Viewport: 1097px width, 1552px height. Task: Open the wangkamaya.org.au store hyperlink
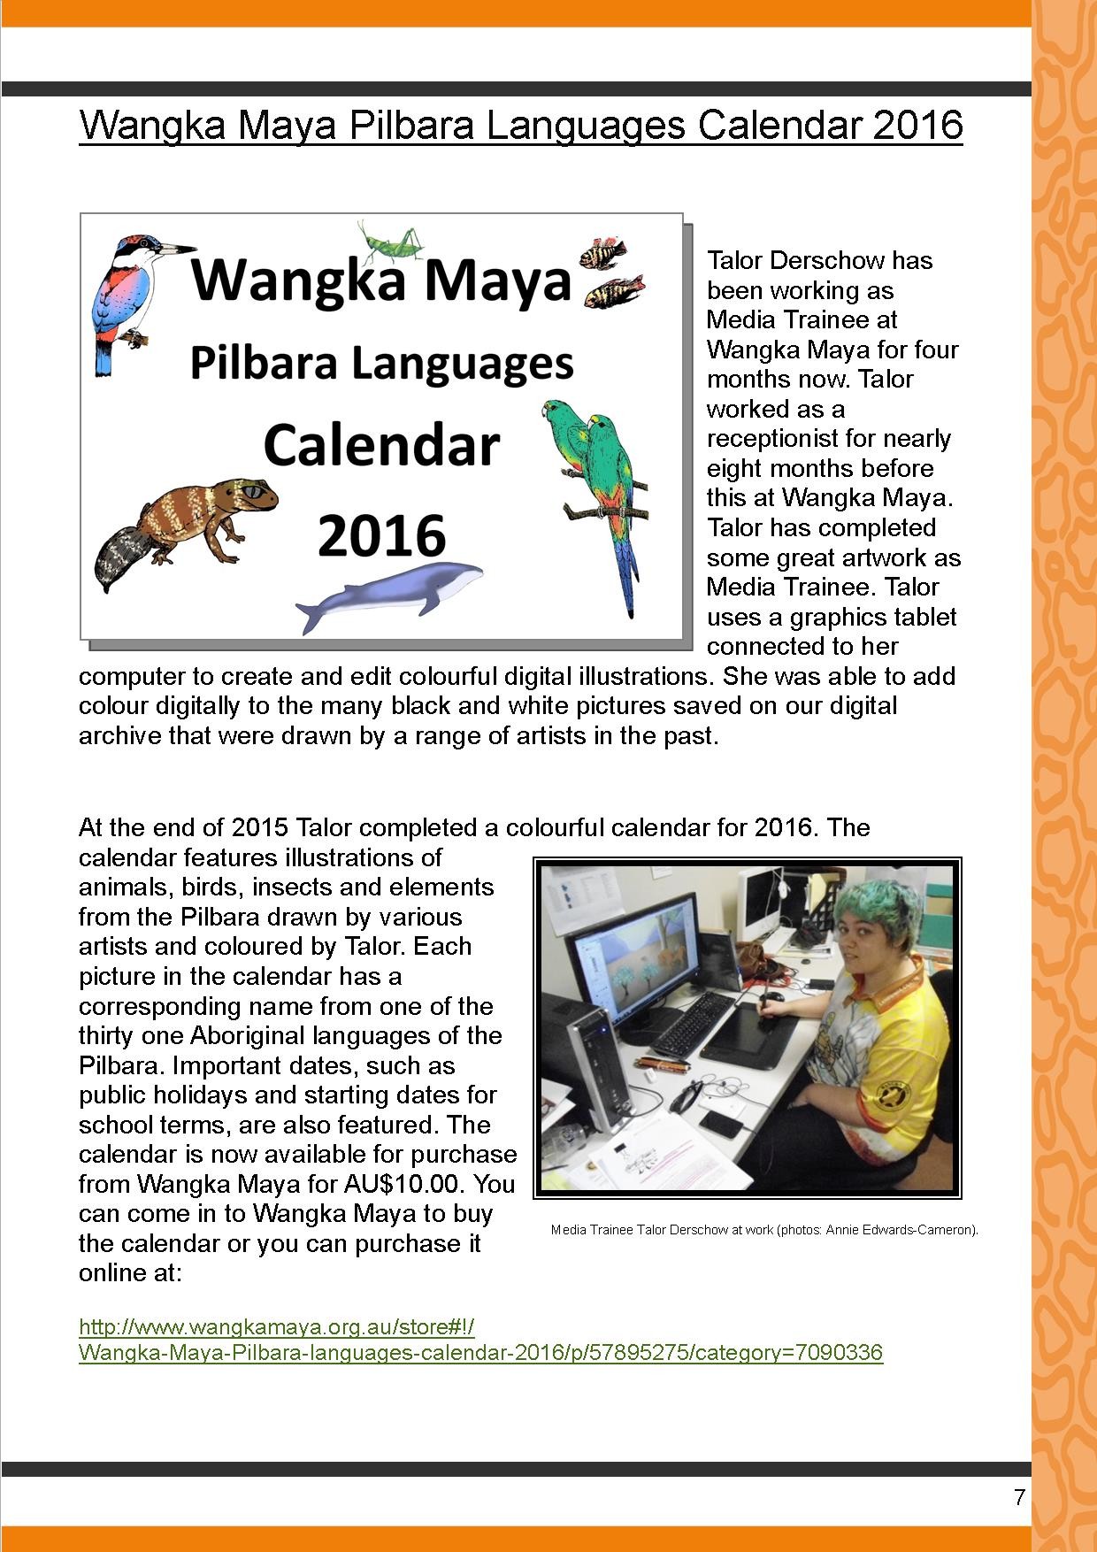tap(480, 1340)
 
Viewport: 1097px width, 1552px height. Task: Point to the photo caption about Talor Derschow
tap(763, 1230)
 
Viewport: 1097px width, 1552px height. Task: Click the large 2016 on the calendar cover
tap(381, 534)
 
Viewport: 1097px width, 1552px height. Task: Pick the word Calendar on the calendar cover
tap(381, 447)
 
